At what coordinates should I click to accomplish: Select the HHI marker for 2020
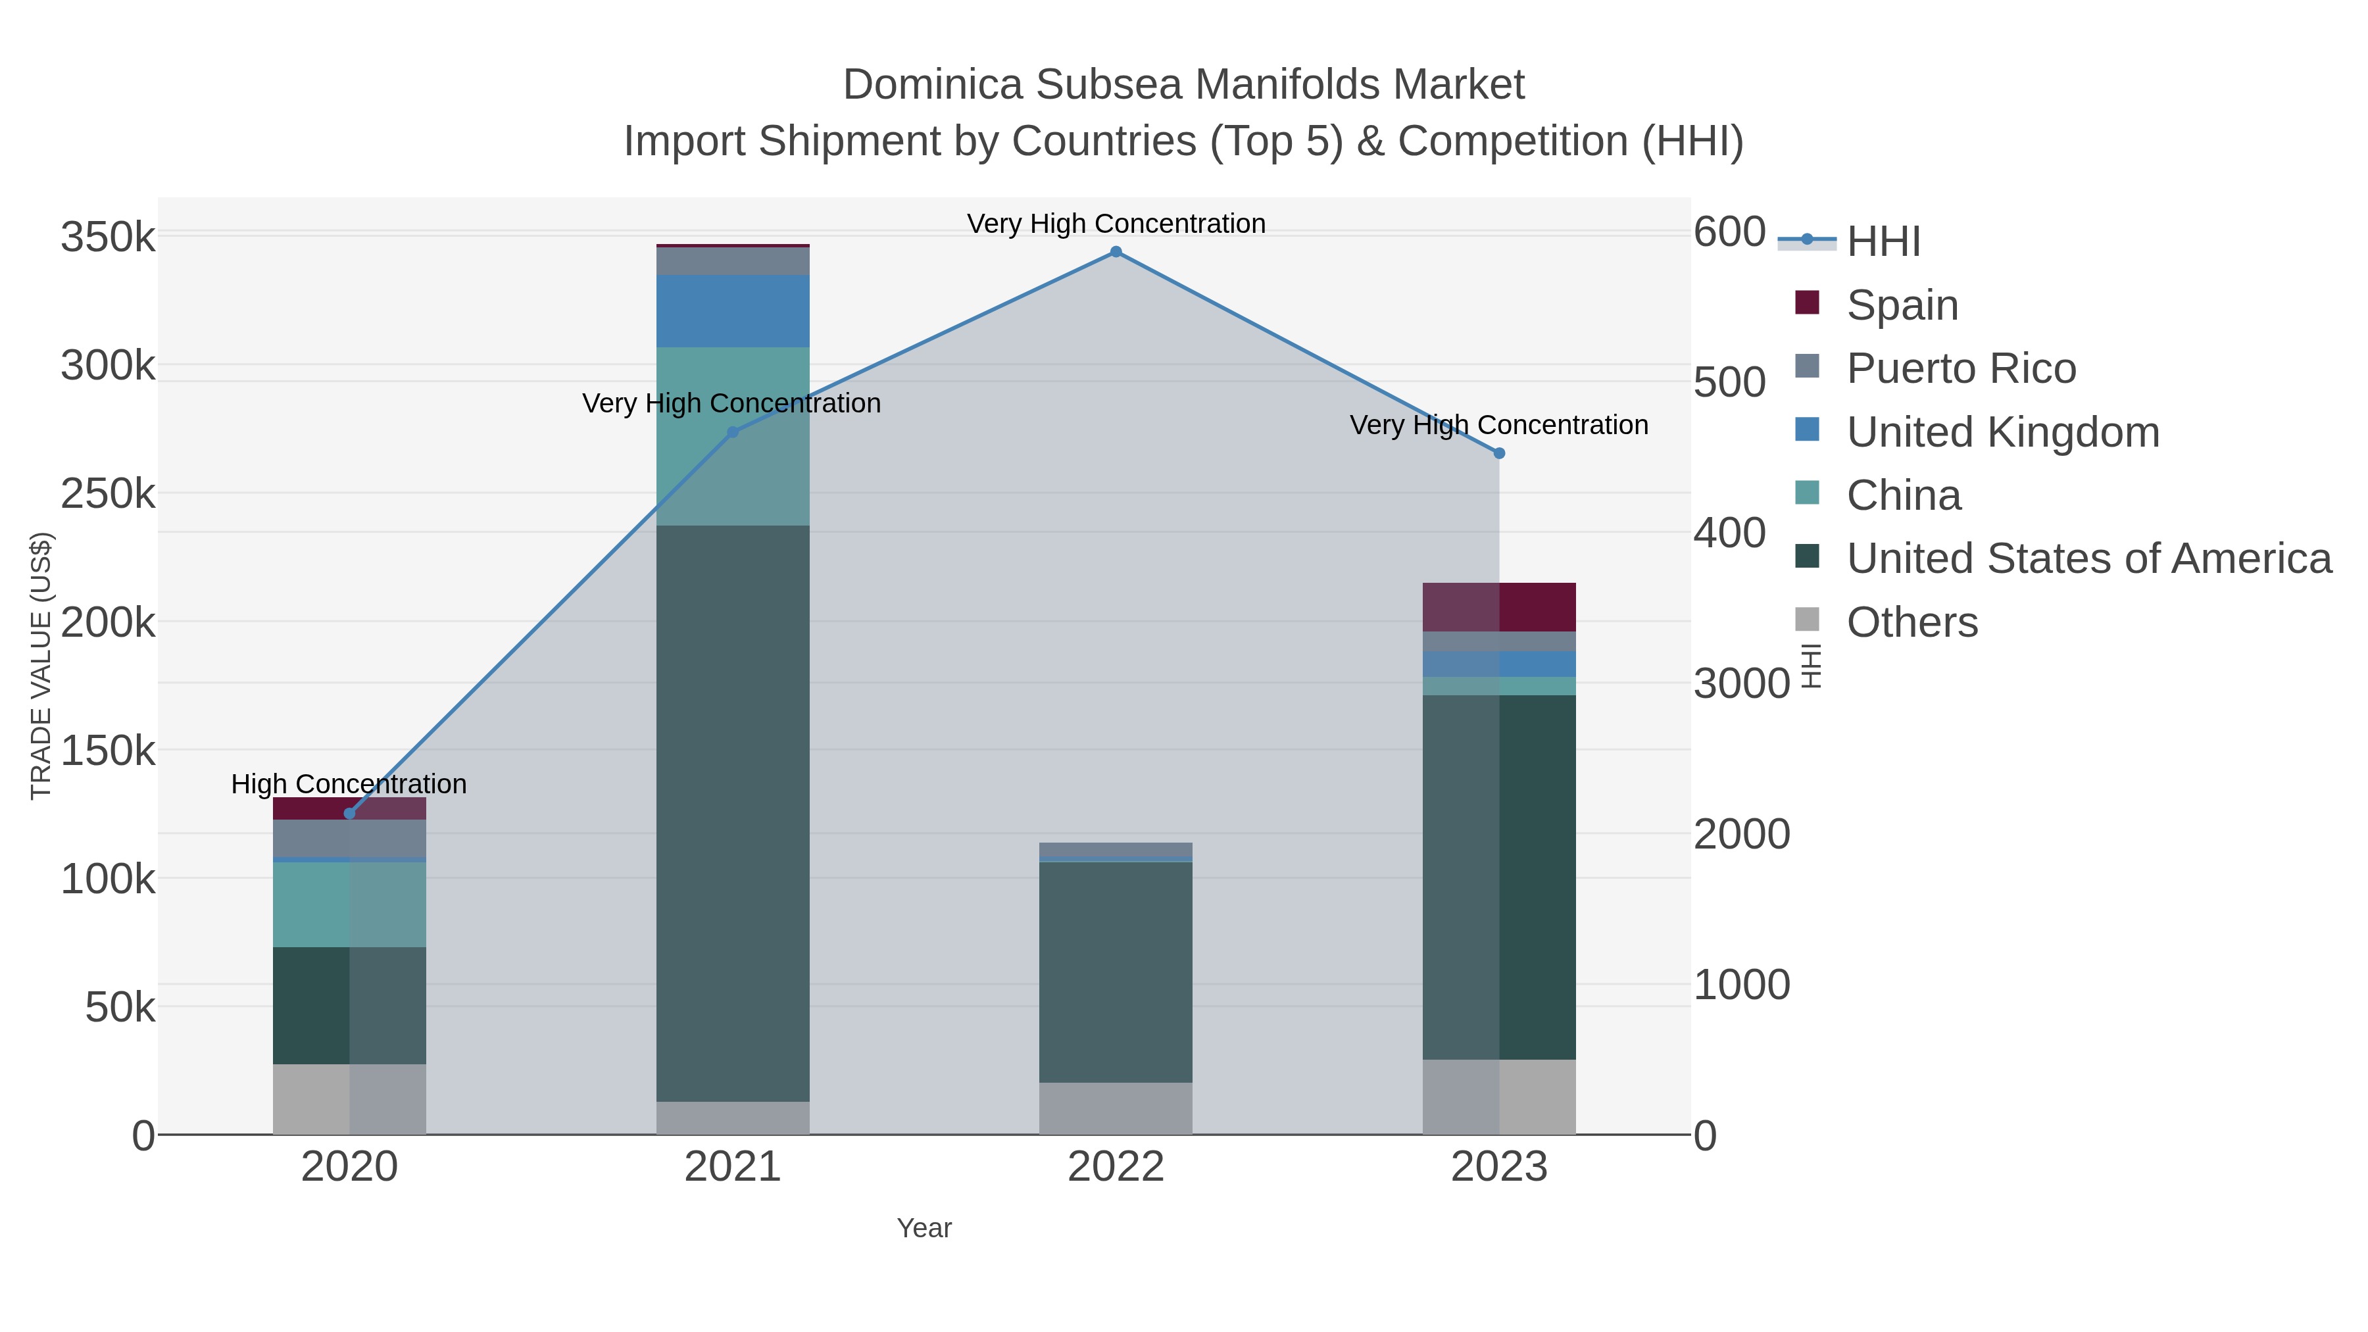pos(349,814)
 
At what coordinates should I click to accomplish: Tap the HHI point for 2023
pos(1499,453)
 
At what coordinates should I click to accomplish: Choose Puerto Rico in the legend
pos(1961,368)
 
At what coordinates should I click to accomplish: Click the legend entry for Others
pos(1912,622)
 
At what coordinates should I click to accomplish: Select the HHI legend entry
pos(1883,242)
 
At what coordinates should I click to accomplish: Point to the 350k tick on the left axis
pos(108,237)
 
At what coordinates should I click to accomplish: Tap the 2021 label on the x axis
pos(733,1168)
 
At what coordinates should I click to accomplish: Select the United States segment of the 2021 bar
pos(733,814)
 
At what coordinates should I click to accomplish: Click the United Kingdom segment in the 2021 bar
pos(733,310)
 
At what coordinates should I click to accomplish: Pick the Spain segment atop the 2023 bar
pos(1499,606)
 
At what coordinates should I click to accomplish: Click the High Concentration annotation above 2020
pos(349,784)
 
